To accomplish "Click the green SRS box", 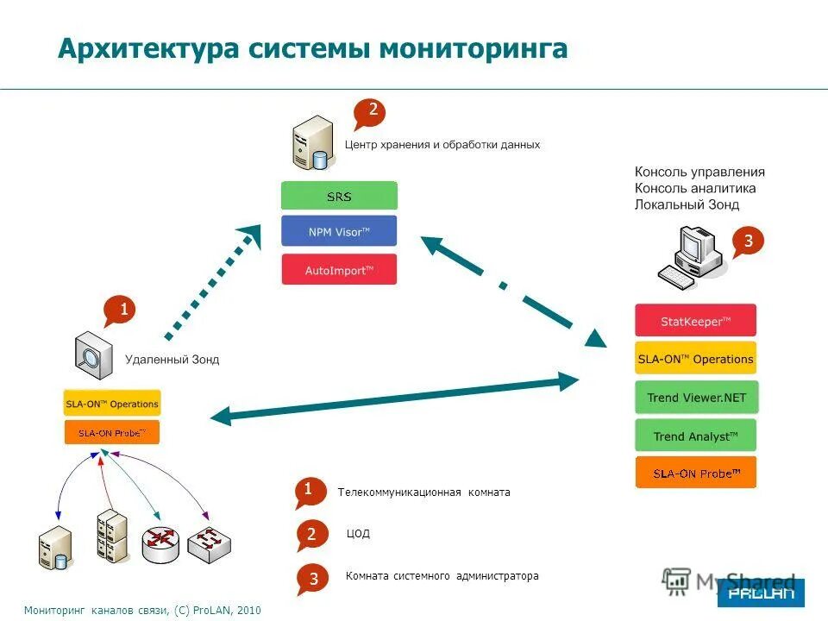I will [x=339, y=196].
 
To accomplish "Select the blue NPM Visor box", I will [x=339, y=231].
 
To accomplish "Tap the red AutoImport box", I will [x=339, y=269].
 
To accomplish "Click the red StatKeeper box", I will [x=695, y=321].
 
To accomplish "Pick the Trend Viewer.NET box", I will [x=695, y=398].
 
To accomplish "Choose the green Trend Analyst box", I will [x=695, y=436].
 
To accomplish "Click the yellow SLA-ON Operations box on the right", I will [x=695, y=359].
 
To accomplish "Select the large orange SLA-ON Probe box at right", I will [x=695, y=474].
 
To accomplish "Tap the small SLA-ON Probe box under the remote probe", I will [x=112, y=432].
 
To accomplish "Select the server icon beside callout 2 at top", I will [x=311, y=142].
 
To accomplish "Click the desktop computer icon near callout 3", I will [x=689, y=254].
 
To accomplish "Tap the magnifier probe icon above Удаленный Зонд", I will [x=93, y=354].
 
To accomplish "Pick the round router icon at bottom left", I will [x=160, y=544].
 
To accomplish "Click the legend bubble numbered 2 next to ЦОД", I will [x=311, y=535].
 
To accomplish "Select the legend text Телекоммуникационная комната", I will [x=423, y=492].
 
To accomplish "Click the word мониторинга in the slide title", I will [x=474, y=48].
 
